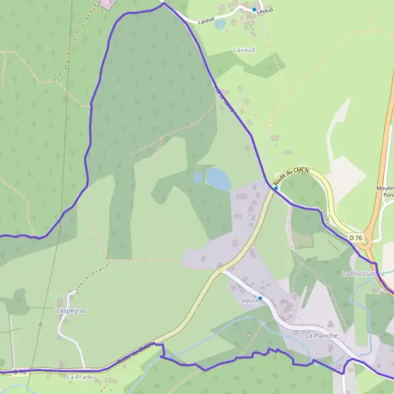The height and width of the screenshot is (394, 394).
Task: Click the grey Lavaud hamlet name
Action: [x=244, y=49]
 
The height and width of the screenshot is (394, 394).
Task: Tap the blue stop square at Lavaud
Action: [x=254, y=10]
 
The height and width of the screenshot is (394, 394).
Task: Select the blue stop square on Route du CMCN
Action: [x=276, y=188]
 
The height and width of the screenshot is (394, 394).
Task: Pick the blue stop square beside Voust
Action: [x=260, y=298]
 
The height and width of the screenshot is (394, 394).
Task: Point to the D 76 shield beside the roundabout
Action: [x=355, y=237]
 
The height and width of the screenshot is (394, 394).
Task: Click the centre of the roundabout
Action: [x=366, y=242]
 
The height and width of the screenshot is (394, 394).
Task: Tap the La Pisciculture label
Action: [x=362, y=273]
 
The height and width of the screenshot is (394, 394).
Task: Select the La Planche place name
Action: [x=321, y=335]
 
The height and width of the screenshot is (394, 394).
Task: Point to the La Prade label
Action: [x=79, y=377]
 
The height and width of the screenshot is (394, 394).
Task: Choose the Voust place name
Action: [x=250, y=299]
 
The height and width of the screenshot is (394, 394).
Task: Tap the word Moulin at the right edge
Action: [x=385, y=188]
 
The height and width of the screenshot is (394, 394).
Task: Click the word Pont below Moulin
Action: [x=388, y=196]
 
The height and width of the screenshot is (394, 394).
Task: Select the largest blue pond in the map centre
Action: [x=218, y=178]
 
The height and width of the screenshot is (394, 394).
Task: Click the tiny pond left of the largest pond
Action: [x=198, y=177]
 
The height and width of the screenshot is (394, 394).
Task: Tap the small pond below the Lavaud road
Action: [x=220, y=24]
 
